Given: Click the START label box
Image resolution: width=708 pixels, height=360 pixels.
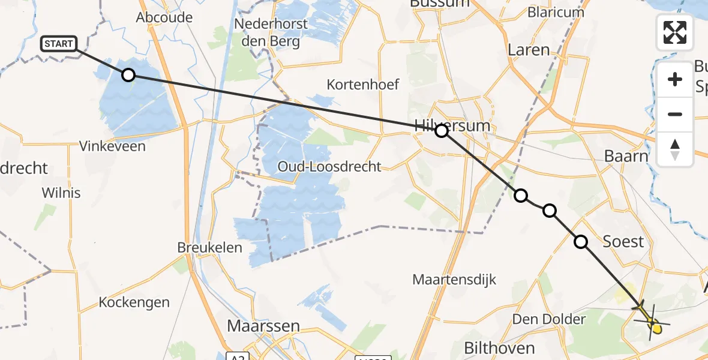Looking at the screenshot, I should (59, 44).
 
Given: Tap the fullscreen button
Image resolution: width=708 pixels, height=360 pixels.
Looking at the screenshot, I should (675, 32).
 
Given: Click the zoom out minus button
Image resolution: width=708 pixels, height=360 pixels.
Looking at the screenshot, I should (675, 114).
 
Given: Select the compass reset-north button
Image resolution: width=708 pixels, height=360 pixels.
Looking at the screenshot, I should (675, 149).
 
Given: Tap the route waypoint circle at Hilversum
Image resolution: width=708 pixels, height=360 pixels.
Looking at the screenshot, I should (442, 130).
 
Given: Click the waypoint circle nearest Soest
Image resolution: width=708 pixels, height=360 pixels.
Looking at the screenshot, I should (581, 242).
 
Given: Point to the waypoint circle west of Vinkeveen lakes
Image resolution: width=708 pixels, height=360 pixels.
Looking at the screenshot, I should (128, 75).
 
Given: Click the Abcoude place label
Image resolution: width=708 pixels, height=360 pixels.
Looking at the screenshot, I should (164, 17).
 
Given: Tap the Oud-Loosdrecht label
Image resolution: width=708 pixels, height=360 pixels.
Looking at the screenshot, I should (329, 167).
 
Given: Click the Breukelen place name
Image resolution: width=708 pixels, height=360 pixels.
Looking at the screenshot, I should (210, 247).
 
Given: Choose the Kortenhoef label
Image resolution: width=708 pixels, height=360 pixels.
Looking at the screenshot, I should (363, 85).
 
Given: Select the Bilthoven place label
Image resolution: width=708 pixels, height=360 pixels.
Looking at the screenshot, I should (500, 348).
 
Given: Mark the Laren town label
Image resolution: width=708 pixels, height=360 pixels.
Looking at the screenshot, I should (529, 50).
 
